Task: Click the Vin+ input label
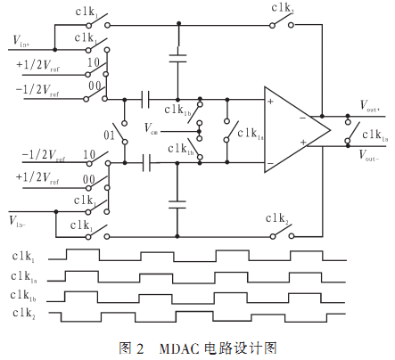pos(21,41)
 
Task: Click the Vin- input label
pos(17,221)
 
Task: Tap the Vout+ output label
pos(369,105)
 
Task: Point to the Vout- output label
pos(369,155)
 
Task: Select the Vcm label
pos(151,128)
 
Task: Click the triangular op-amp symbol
pos(297,129)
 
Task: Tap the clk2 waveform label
pos(24,314)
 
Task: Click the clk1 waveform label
pos(23,257)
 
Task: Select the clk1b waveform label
pos(23,296)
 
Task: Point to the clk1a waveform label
pos(24,277)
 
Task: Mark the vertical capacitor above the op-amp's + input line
pos(177,59)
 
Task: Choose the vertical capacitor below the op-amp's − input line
pos(177,205)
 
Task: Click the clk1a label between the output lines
pos(375,135)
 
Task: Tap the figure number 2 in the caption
pos(140,348)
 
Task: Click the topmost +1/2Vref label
pos(37,65)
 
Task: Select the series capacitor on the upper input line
pos(145,99)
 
